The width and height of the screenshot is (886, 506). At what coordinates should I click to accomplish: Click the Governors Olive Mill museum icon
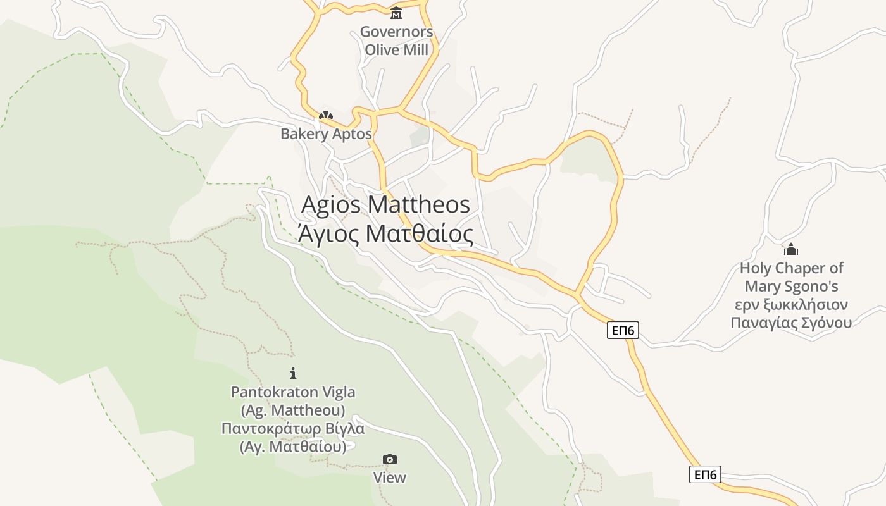pos(396,13)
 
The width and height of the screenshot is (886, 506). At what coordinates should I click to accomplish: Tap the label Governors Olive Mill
pos(397,40)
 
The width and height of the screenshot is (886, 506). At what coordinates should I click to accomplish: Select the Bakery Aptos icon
pos(326,116)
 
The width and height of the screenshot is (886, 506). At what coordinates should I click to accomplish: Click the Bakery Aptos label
pos(326,134)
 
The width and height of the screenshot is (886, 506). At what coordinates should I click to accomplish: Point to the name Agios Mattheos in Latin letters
pos(385,205)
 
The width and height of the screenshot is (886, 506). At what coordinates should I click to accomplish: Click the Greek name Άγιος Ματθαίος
pos(385,234)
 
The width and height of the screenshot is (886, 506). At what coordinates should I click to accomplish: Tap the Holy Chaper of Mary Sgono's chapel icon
pos(791,249)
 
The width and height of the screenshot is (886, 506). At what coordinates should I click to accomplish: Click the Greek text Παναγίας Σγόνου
pos(791,323)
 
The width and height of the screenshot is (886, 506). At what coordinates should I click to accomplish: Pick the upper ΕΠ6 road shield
pos(623,330)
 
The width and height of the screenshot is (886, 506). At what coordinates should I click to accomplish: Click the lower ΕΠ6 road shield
pos(705,474)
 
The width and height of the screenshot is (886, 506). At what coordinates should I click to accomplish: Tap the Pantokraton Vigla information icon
pos(292,374)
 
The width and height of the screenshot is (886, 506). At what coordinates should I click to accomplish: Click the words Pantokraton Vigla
pos(293,392)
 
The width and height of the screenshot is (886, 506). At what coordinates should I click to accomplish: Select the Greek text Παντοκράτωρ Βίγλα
pos(293,429)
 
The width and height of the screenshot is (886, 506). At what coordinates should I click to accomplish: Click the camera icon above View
pos(390,459)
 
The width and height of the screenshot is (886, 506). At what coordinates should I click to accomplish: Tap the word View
pos(390,478)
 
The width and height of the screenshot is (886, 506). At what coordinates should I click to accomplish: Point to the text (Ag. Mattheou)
pos(293,410)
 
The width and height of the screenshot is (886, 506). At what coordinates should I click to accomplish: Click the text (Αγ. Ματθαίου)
pos(293,447)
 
